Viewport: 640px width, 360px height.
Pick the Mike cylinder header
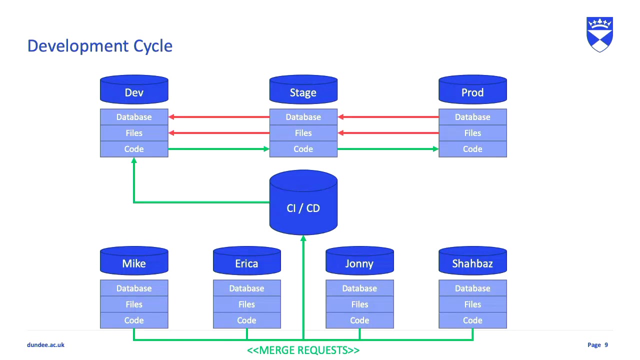[134, 261]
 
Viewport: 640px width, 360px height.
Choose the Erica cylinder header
[247, 261]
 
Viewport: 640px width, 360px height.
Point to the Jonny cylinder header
[359, 261]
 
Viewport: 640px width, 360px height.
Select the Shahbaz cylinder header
[472, 261]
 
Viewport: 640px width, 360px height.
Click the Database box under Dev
[134, 117]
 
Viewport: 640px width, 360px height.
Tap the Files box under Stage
[303, 133]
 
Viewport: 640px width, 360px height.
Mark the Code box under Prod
[472, 149]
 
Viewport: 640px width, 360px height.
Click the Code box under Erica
[247, 320]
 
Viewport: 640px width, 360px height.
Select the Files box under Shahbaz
[472, 304]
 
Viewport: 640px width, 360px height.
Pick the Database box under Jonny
[359, 288]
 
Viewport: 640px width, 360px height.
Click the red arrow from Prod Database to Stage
[388, 117]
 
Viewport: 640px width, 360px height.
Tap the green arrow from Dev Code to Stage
[218, 149]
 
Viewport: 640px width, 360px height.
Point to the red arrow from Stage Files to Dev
[218, 133]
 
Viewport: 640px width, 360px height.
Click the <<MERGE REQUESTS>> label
[303, 350]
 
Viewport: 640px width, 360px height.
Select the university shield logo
[599, 34]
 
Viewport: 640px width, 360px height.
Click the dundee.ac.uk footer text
[45, 345]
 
